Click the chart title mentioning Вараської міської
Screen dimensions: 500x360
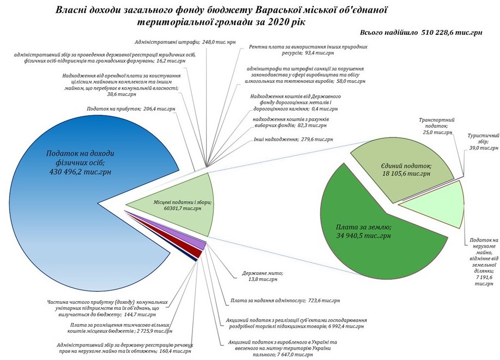click(221, 16)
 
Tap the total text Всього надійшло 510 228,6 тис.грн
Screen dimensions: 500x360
click(421, 33)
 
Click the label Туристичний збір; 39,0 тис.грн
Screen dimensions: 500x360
click(483, 142)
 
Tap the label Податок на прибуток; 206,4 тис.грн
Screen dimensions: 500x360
click(131, 109)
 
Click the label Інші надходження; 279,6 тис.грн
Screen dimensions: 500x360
click(293, 139)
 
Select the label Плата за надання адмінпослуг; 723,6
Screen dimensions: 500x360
click(285, 301)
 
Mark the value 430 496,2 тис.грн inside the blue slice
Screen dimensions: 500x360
click(80, 172)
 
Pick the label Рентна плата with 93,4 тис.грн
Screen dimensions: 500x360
click(308, 50)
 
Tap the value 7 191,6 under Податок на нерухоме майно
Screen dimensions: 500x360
click(484, 278)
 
